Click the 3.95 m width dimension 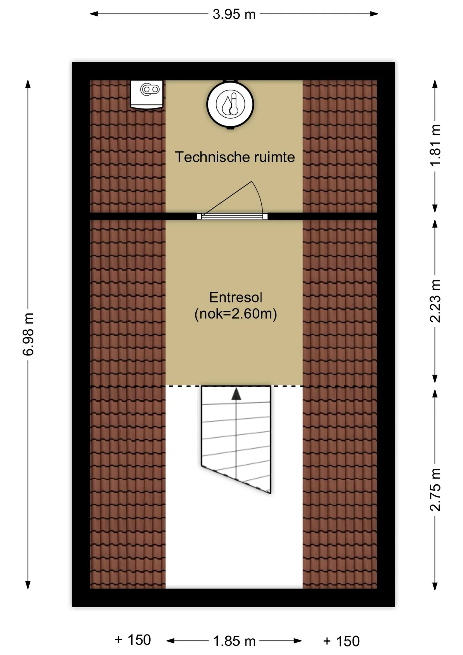[234, 14]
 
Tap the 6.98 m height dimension [28, 334]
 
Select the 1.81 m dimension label [435, 145]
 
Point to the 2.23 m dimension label [435, 301]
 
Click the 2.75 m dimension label [435, 489]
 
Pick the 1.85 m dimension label [234, 641]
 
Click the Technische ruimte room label [235, 157]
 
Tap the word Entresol [236, 297]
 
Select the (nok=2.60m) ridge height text [236, 314]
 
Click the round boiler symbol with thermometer [230, 104]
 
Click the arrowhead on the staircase [236, 394]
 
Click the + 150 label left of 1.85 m [133, 640]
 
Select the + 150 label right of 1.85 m [341, 641]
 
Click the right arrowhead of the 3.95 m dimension [374, 14]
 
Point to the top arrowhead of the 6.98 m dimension [28, 84]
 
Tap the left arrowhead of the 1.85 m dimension [171, 641]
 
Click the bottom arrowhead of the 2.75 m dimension [435, 586]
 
